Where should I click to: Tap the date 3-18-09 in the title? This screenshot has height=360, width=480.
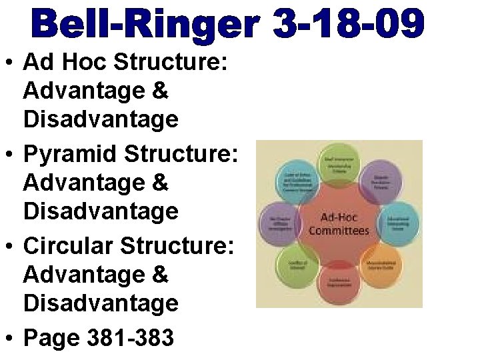point(348,24)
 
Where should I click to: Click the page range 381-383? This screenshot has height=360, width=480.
point(131,338)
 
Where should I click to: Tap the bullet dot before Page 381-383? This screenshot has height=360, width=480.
point(11,339)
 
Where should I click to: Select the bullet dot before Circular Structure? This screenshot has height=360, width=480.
point(11,248)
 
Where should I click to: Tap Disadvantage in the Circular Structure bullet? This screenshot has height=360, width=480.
point(101,303)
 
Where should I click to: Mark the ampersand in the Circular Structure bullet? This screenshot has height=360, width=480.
point(160,275)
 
